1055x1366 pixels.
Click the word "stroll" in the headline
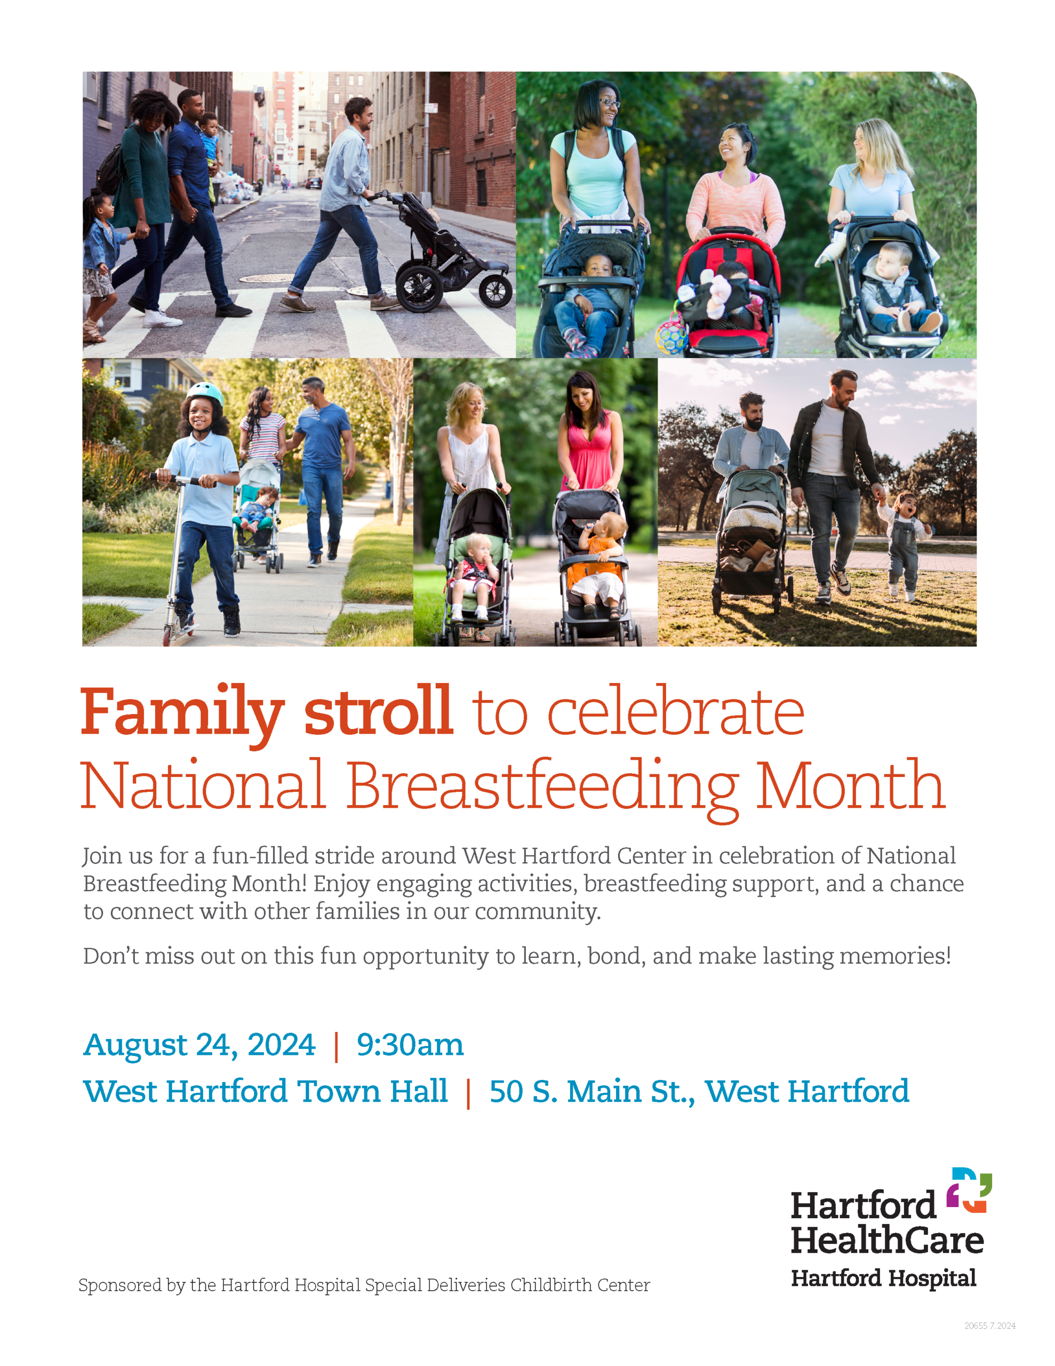tap(378, 711)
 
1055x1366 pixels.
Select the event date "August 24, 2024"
tap(199, 1045)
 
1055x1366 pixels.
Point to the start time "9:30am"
tap(410, 1045)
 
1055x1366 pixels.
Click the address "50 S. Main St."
tap(592, 1091)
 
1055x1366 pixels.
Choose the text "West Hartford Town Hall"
tap(265, 1091)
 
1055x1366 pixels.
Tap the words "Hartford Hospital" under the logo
tap(883, 1278)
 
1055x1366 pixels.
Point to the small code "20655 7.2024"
tap(989, 1325)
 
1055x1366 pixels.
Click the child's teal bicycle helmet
tap(206, 393)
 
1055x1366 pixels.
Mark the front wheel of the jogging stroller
tap(495, 290)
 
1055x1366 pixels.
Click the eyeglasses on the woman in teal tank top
tap(609, 103)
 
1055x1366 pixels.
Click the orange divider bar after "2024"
tap(337, 1046)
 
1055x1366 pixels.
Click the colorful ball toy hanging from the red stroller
tap(671, 336)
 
